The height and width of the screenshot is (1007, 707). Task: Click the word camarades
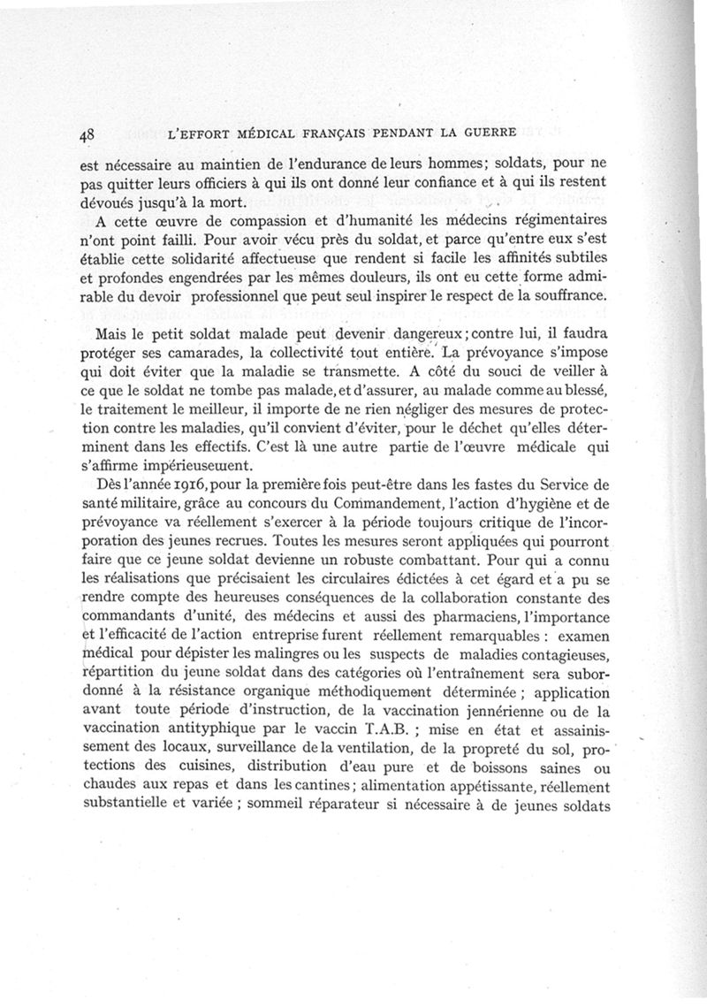[206, 356]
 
